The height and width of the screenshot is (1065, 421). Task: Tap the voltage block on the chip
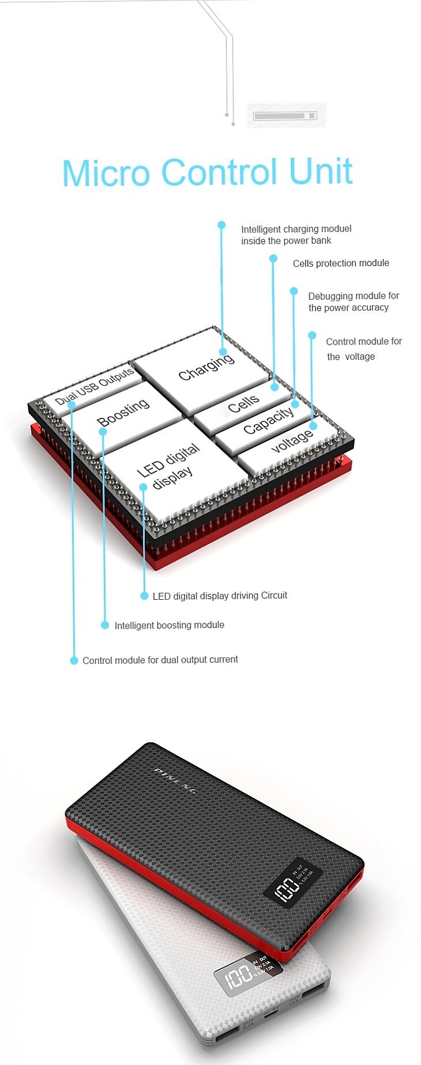point(291,442)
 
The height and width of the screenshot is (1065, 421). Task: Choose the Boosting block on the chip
point(123,413)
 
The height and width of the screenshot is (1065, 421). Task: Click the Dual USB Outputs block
point(94,388)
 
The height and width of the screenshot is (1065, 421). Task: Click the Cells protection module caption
point(341,263)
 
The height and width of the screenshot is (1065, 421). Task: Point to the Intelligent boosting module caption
point(169,625)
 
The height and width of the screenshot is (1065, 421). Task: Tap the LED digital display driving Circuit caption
point(220,596)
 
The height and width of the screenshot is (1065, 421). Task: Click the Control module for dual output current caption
point(160,660)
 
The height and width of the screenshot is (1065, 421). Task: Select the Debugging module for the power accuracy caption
point(353,301)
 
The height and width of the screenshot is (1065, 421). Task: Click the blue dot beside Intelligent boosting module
point(105,625)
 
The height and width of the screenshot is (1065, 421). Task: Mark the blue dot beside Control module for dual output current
point(74,660)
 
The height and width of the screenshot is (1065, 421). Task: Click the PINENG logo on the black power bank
point(175,780)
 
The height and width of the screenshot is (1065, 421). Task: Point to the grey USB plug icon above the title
point(285,116)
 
